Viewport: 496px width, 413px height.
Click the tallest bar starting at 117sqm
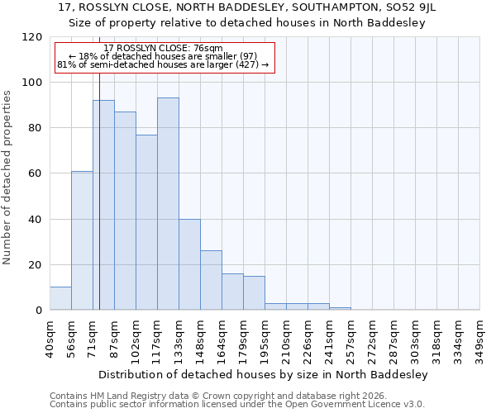168,204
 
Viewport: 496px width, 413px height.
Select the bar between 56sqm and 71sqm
82,240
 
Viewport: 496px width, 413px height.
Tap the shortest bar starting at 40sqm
60,299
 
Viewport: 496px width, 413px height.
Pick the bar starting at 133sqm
189,264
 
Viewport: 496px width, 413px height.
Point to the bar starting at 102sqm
146,222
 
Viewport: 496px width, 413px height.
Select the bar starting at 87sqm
125,211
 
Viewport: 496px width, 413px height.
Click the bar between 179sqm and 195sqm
254,293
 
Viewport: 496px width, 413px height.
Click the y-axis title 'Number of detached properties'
7,178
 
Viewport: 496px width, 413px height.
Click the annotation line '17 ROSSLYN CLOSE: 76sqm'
163,49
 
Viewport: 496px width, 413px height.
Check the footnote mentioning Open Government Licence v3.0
236,405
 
